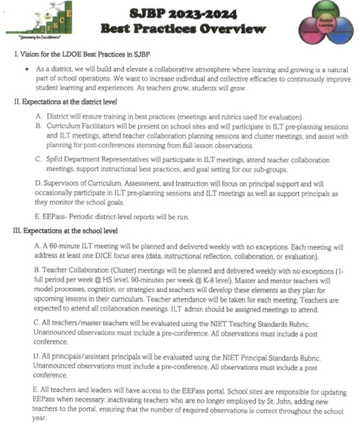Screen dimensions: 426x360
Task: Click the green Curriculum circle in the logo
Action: (x=325, y=12)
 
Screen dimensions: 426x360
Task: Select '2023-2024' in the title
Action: (x=215, y=13)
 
